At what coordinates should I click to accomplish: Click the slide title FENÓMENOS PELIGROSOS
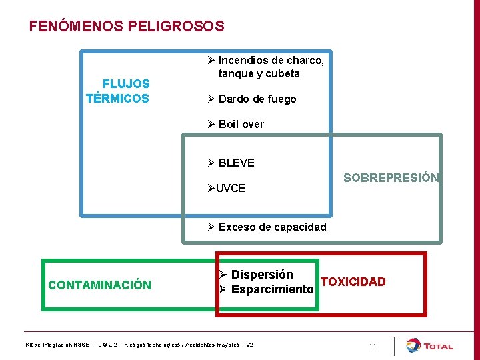point(127,27)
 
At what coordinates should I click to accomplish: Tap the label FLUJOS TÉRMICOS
point(119,91)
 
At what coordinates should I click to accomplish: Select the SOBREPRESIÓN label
point(391,178)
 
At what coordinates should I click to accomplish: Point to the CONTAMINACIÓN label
point(99,285)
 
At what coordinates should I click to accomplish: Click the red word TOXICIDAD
point(353,282)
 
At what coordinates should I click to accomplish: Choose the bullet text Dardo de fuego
point(257,99)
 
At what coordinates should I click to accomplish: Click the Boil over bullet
point(241,125)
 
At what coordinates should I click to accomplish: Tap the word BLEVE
point(236,163)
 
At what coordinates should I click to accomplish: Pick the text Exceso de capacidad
point(272,227)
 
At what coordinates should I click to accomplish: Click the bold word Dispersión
point(262,275)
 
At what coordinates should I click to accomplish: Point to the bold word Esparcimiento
point(272,290)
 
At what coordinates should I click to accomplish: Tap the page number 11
point(372,347)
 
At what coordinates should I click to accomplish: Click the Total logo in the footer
point(430,345)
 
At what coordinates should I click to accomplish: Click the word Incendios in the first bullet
point(243,61)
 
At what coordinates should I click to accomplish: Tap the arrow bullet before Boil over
point(211,125)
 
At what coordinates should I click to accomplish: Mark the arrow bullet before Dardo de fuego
point(211,99)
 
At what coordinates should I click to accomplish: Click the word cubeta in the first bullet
point(283,74)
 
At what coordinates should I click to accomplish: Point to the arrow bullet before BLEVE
point(211,163)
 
